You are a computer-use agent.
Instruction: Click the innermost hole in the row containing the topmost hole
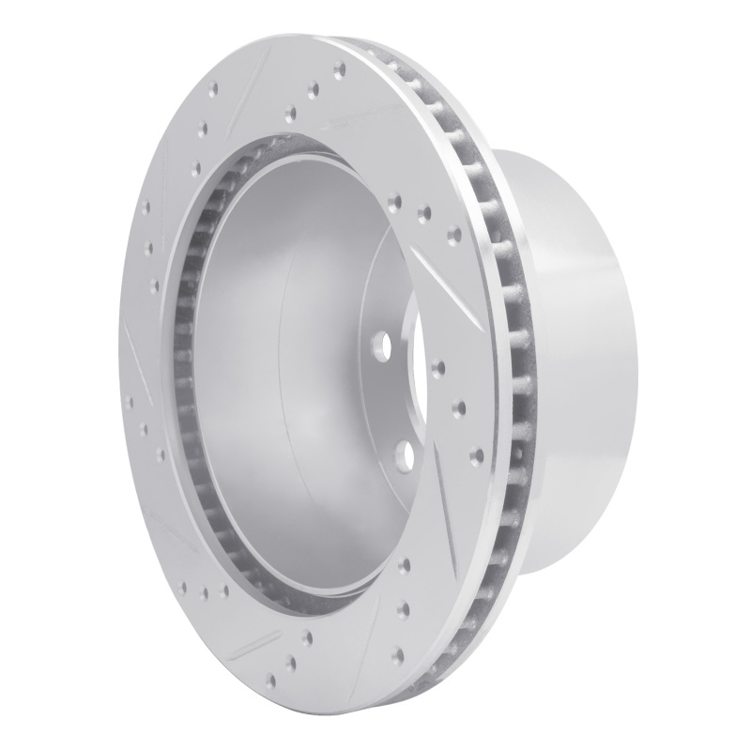point(286,111)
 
